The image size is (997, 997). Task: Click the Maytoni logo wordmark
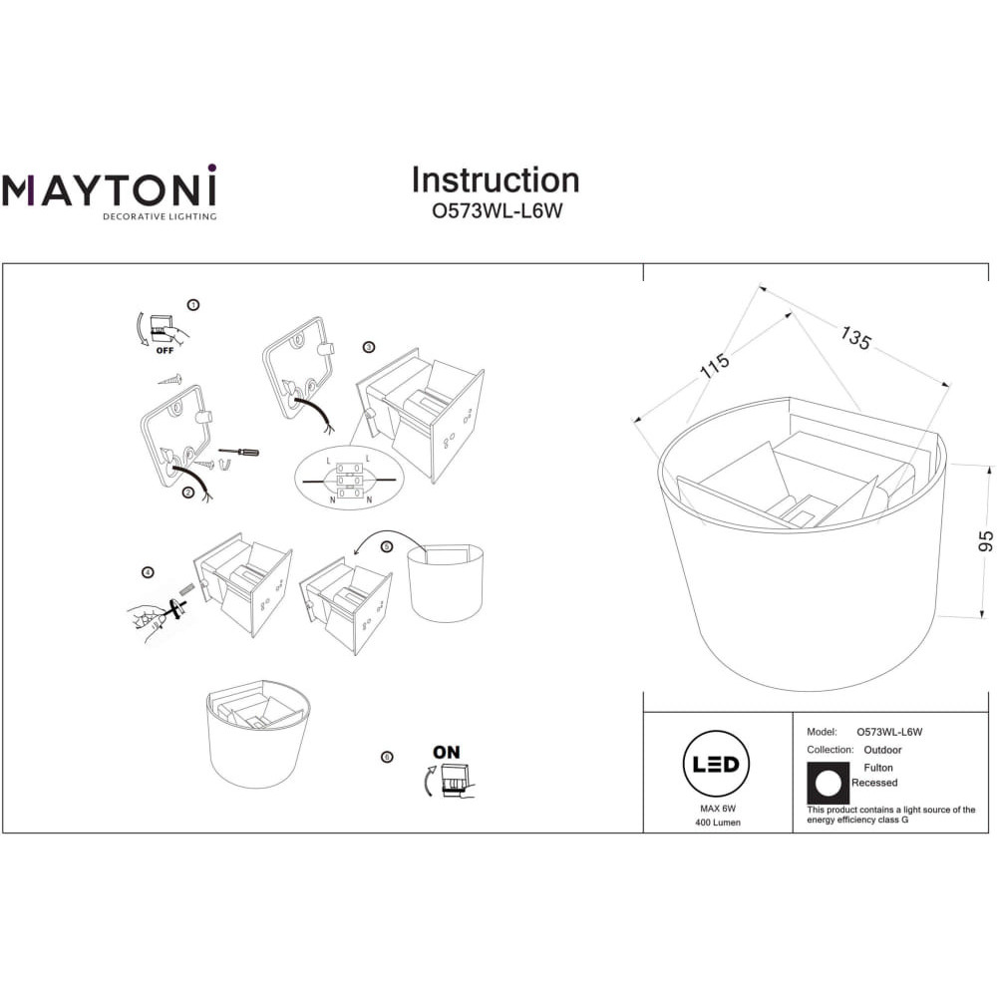[110, 187]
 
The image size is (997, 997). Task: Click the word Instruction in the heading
[496, 179]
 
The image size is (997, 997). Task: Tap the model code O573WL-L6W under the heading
[498, 211]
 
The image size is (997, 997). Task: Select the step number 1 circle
[194, 305]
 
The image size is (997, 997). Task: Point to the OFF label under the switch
[165, 350]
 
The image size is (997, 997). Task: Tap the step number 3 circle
[369, 347]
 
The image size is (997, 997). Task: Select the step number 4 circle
[148, 572]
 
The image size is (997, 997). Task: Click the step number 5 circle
[387, 546]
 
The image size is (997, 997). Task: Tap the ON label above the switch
[447, 752]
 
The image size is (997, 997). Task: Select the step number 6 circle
[387, 757]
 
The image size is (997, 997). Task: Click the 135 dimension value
[855, 338]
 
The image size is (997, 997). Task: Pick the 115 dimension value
[715, 366]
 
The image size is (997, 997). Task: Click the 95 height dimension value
[985, 541]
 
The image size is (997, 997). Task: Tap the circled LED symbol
[716, 765]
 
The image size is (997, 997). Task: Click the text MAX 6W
[718, 809]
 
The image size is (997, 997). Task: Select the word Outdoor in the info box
[882, 751]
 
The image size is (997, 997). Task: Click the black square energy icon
[828, 784]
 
